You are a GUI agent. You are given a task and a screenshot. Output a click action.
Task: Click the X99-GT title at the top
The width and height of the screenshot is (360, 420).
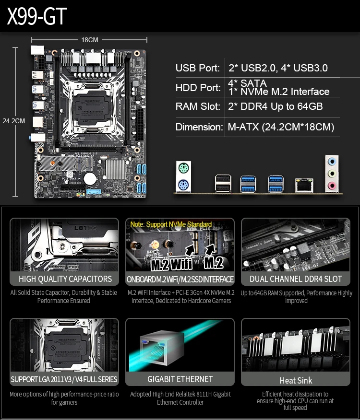click(x=37, y=17)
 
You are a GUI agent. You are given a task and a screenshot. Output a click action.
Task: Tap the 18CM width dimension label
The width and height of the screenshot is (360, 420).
click(x=90, y=40)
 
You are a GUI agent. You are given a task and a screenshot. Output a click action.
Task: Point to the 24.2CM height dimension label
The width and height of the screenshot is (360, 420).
click(x=13, y=121)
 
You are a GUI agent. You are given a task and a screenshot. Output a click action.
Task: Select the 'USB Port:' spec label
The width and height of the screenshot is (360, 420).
click(x=197, y=68)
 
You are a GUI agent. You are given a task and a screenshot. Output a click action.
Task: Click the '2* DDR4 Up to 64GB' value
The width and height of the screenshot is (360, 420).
click(x=275, y=106)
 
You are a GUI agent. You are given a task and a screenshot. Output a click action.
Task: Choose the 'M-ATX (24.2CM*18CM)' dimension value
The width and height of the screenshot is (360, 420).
click(x=281, y=127)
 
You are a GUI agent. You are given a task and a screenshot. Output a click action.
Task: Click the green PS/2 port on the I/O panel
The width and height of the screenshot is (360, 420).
click(x=183, y=169)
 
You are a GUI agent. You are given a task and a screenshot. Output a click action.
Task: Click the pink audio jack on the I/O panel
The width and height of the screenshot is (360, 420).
click(x=331, y=185)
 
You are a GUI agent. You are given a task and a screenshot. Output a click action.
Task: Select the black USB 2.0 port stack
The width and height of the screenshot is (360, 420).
click(x=223, y=183)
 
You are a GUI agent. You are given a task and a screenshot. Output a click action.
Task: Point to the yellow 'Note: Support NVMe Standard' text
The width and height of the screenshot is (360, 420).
click(x=170, y=224)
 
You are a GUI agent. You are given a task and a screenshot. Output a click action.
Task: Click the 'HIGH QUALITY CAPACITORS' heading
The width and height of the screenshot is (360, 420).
click(x=65, y=279)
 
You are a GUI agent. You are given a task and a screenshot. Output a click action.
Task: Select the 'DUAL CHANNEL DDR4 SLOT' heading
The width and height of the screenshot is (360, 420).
click(x=296, y=279)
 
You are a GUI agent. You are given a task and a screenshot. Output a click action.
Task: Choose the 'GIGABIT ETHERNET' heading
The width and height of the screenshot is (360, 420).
click(x=180, y=379)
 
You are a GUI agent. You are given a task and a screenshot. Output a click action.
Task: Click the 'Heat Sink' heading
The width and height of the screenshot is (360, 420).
click(x=296, y=381)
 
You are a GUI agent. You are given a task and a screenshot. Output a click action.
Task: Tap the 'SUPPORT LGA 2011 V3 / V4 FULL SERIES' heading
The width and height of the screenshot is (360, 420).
click(x=64, y=379)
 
